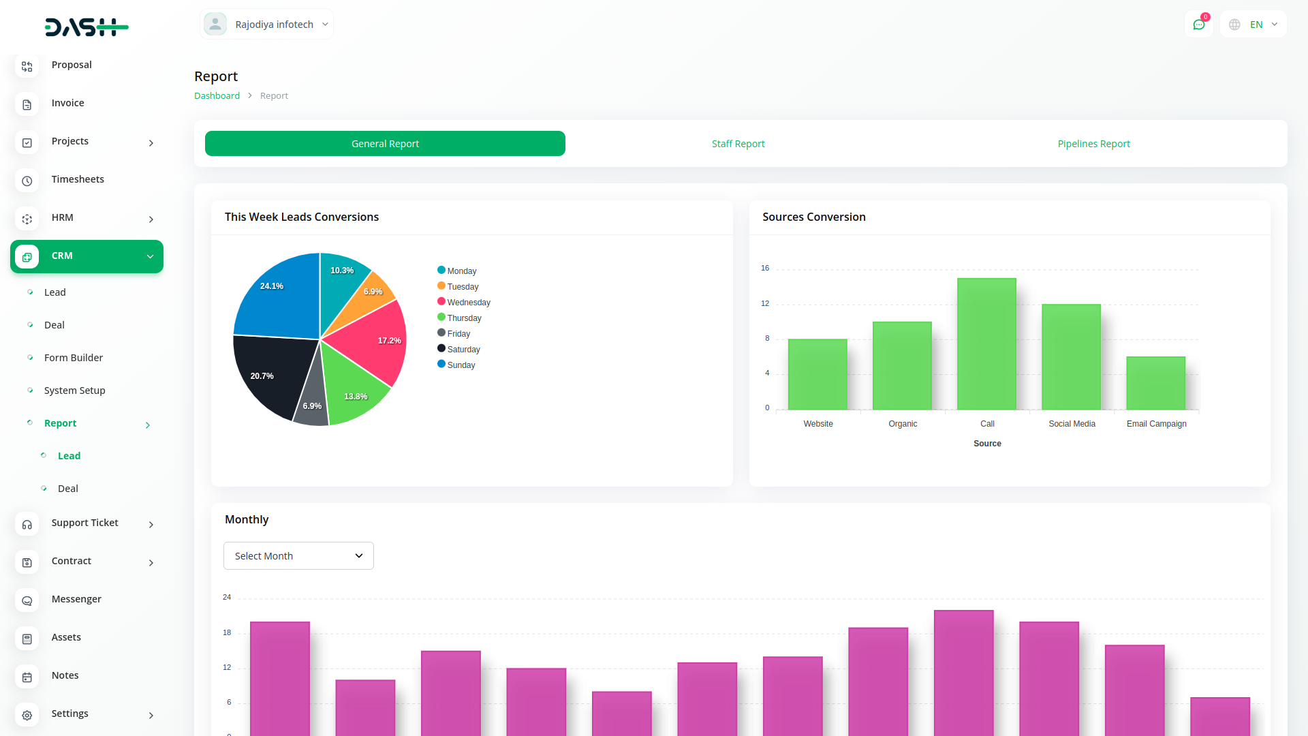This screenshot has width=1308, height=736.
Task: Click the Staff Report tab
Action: click(738, 144)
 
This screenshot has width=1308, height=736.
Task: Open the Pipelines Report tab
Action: click(1093, 144)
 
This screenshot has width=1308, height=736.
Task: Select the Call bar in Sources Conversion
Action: click(986, 343)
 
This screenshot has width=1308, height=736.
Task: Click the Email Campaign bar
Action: click(1155, 383)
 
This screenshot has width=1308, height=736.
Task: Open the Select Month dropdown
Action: click(298, 556)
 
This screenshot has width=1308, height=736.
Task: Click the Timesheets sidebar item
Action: click(78, 179)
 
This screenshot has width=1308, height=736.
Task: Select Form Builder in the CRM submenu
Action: click(74, 358)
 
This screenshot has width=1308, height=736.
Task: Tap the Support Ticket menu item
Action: click(84, 523)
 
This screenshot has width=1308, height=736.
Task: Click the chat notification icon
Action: click(1198, 25)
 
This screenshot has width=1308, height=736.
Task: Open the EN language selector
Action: click(1256, 25)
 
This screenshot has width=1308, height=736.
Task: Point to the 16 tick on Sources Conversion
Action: click(765, 268)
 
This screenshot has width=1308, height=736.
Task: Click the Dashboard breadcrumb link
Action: click(217, 96)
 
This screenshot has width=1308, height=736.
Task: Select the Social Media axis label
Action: click(1072, 424)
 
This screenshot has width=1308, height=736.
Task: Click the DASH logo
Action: click(87, 27)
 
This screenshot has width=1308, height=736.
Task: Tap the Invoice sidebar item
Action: click(67, 103)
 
